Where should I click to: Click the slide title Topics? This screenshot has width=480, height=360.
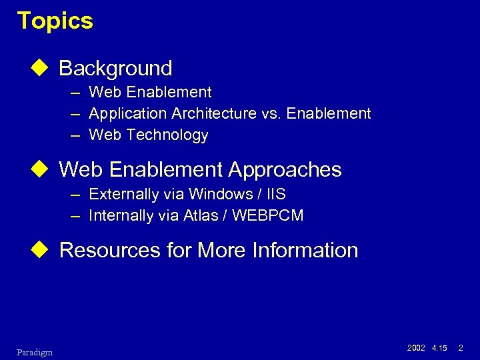tap(55, 21)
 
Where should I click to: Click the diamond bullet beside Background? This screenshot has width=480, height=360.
tap(44, 68)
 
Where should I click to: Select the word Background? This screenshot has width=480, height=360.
tap(115, 68)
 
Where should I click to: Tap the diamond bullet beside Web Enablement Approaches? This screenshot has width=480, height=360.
tap(44, 169)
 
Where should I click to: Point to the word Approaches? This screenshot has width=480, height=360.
tap(285, 170)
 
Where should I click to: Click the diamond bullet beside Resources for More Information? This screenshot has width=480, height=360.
tap(44, 250)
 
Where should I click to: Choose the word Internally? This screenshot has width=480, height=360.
tap(122, 215)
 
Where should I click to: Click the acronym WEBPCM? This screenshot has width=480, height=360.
tap(270, 215)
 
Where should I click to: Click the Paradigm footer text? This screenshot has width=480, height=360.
tap(35, 351)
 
